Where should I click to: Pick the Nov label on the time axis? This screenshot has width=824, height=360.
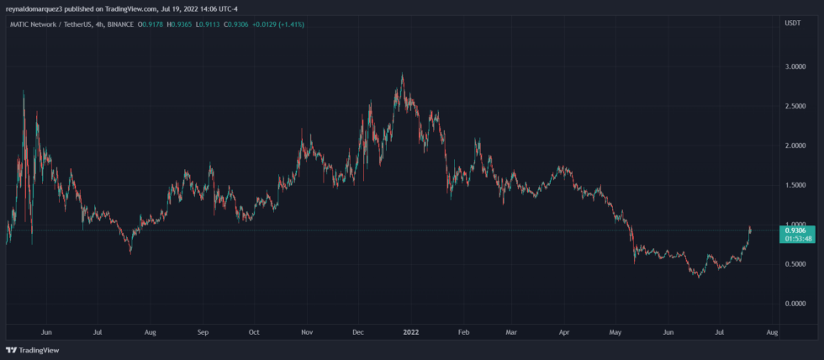[x=306, y=332]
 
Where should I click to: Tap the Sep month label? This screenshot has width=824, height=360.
[x=203, y=332]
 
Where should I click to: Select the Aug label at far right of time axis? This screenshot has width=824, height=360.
[x=772, y=332]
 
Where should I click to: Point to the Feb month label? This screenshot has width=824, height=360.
[x=463, y=332]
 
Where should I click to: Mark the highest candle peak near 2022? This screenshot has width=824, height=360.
[x=403, y=74]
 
